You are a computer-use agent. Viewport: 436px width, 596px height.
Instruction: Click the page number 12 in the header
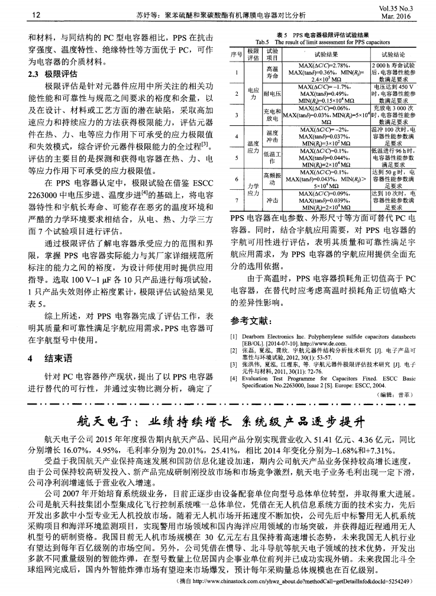pyautogui.click(x=20, y=14)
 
